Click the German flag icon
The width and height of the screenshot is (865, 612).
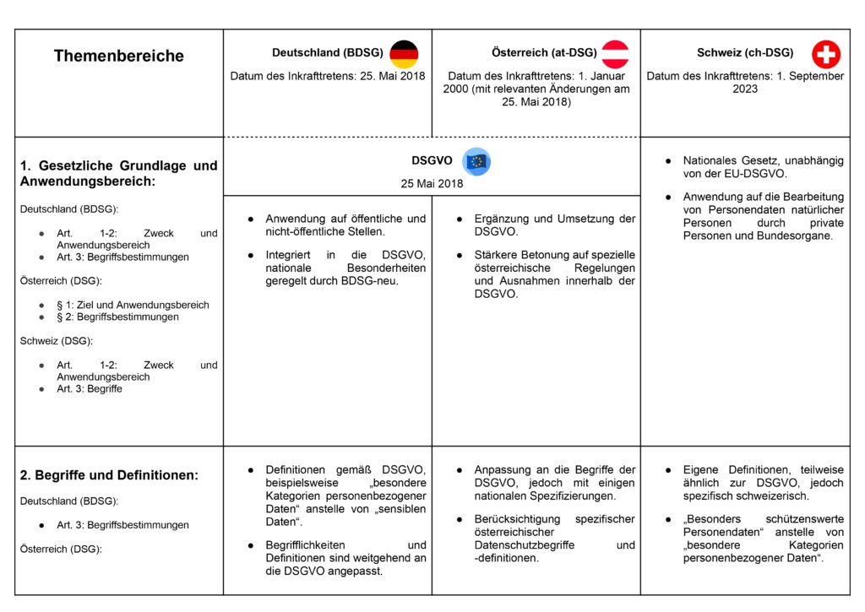pos(404,54)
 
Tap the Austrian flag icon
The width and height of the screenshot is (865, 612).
pos(615,54)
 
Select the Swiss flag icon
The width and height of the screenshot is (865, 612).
pos(825,55)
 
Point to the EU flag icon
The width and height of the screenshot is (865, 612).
pos(477,161)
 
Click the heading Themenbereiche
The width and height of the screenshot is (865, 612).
pos(118,57)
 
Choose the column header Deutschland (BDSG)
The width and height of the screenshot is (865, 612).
pos(327,53)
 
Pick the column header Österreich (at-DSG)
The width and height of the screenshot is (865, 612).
pos(544,53)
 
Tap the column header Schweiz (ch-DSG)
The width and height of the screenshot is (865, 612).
pos(745,53)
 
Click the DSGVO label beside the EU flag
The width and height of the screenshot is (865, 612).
pos(432,160)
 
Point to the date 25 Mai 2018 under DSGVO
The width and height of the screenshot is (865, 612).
pos(432,183)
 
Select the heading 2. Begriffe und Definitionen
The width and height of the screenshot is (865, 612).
pos(109,475)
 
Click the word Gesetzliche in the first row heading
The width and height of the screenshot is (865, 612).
pos(72,165)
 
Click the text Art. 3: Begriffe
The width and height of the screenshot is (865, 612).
pos(90,389)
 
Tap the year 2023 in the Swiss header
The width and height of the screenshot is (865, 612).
pos(745,89)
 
